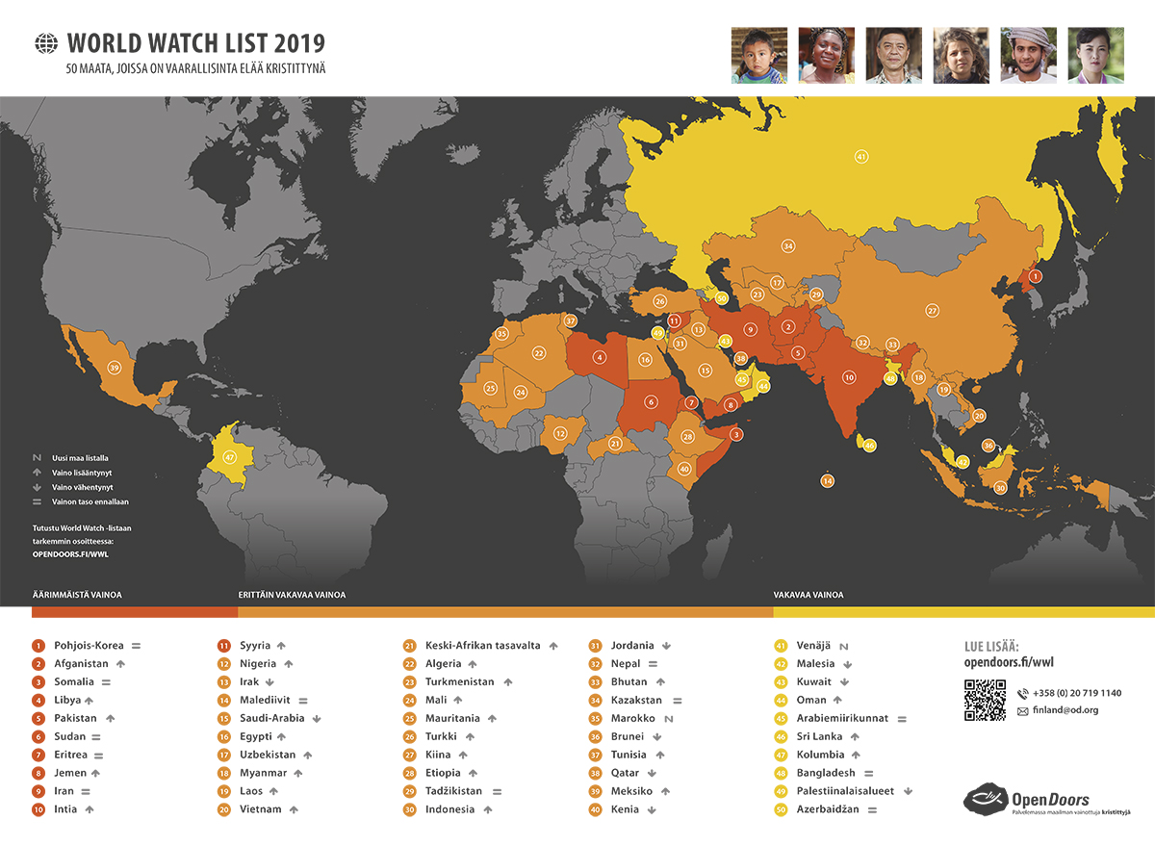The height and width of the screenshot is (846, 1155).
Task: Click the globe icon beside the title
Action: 45,43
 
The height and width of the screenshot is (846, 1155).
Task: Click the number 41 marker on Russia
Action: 861,156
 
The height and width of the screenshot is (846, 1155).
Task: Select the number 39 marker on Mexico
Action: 115,368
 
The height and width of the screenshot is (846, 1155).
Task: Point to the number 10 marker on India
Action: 849,378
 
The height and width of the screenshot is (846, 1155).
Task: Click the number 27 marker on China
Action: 932,311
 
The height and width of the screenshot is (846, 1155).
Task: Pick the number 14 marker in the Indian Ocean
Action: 828,480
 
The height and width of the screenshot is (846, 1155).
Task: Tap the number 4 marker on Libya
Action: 600,357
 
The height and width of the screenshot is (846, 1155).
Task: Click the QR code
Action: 985,700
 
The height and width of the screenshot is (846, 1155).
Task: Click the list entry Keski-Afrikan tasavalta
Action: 482,646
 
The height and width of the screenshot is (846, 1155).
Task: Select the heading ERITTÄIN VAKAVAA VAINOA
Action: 292,595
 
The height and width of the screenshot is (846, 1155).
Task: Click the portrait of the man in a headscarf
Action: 1028,55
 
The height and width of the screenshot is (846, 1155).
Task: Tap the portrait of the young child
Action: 759,55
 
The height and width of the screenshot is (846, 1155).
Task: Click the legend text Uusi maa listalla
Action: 80,458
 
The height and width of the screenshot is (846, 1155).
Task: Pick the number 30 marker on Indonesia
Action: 1000,488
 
